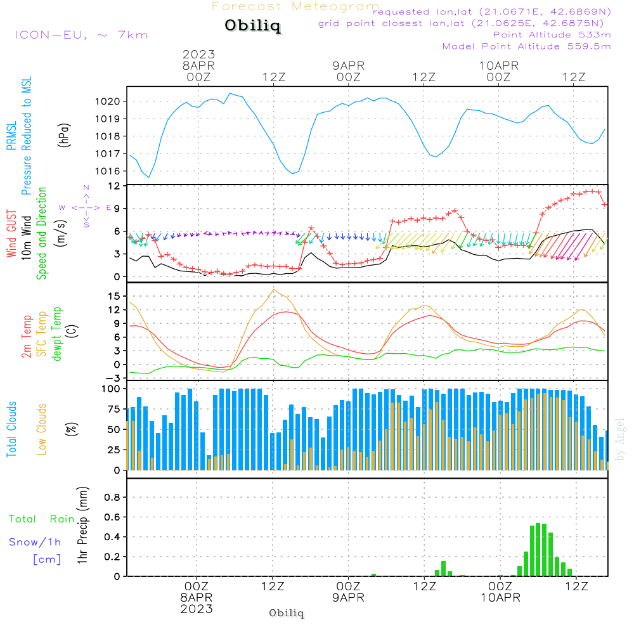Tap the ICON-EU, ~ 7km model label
coord(81,35)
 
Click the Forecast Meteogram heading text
coord(295,6)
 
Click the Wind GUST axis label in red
coord(11,235)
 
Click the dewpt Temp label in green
coord(58,334)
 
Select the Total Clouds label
coord(11,429)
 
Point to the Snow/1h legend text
coord(36,543)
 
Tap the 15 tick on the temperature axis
coord(114,296)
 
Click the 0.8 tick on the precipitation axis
coord(112,497)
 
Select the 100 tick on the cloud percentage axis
coord(111,389)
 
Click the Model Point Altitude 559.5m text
coord(526,46)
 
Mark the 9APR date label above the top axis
coord(348,65)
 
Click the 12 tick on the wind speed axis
coord(114,186)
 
